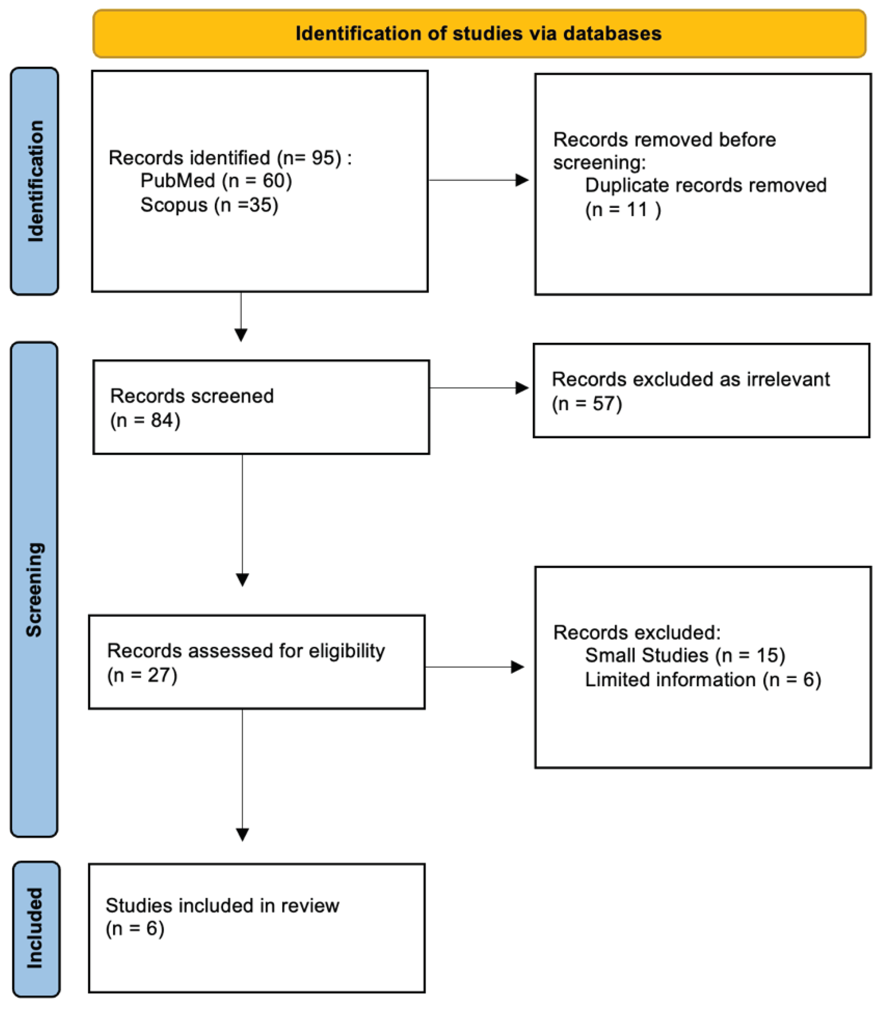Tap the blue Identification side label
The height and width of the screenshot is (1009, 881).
[35, 181]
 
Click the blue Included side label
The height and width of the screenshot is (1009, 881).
[35, 928]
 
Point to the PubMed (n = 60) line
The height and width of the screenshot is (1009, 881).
[216, 181]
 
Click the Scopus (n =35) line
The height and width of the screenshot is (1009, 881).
[209, 205]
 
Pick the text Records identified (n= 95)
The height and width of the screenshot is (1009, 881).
[230, 158]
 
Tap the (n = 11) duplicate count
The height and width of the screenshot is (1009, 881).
[622, 210]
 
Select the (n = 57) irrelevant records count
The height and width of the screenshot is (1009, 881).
[587, 404]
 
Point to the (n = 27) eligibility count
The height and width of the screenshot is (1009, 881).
[142, 675]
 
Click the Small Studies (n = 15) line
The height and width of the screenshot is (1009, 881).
[684, 655]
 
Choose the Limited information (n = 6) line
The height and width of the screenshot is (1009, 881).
[703, 680]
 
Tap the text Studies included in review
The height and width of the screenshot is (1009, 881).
[222, 905]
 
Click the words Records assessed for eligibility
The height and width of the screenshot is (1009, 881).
[246, 651]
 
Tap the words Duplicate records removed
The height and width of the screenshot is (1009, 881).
[705, 185]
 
